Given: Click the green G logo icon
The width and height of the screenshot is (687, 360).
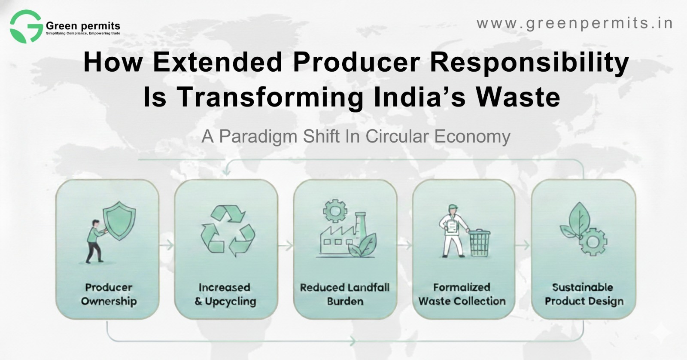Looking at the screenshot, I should tap(26, 27).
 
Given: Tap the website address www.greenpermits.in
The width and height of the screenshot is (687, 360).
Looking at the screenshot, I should tap(575, 23).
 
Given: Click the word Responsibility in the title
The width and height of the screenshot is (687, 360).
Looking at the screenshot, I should tap(529, 62).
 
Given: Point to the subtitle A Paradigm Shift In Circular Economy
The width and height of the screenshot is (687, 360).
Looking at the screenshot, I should tap(356, 137).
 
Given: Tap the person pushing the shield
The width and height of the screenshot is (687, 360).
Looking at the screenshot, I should tap(94, 241).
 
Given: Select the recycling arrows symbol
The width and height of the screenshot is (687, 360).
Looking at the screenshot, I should tap(228, 231).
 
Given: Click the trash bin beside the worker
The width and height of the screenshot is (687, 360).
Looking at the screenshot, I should tap(479, 243).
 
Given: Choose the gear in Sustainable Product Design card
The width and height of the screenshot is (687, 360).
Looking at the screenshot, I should tap(593, 242).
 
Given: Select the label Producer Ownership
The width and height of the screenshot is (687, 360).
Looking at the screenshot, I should tap(109, 294).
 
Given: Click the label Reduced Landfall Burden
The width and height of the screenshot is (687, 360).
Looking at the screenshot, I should tap(345, 294).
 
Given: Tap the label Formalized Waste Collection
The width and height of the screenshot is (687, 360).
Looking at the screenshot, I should tap(462, 294).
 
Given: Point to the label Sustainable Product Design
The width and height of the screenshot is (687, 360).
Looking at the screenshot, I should tap(584, 294).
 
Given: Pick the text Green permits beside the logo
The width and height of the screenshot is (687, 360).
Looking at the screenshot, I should tap(83, 26).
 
